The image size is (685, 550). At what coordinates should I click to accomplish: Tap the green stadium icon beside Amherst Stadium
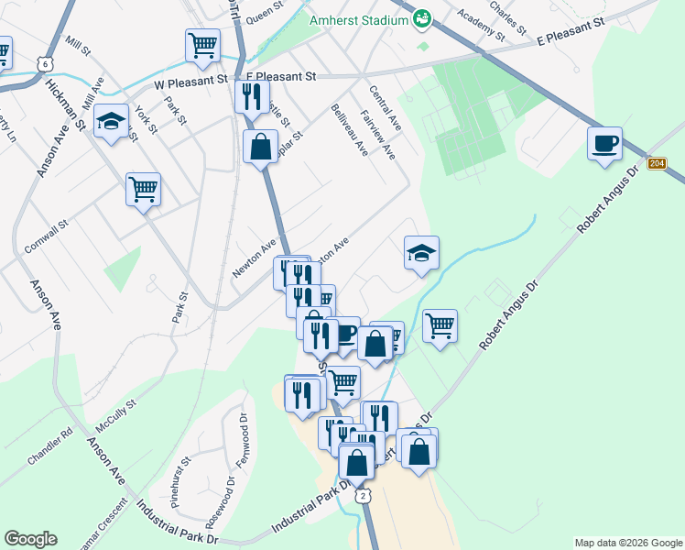(x=422, y=17)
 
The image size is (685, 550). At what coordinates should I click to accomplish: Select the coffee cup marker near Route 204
(x=604, y=144)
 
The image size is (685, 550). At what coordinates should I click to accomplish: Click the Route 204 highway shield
(x=657, y=163)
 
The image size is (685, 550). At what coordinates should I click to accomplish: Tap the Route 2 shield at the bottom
(x=364, y=495)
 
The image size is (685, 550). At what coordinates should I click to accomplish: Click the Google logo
(x=30, y=539)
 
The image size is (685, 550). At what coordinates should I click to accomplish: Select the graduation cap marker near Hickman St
(x=111, y=122)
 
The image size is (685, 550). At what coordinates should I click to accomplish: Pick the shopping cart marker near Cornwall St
(x=143, y=190)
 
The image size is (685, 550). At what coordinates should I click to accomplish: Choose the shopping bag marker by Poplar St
(x=260, y=146)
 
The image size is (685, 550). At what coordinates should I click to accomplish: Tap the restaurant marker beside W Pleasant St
(x=251, y=95)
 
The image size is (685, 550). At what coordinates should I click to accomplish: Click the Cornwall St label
(x=47, y=237)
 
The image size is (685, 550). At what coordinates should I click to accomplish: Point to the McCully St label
(x=114, y=416)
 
